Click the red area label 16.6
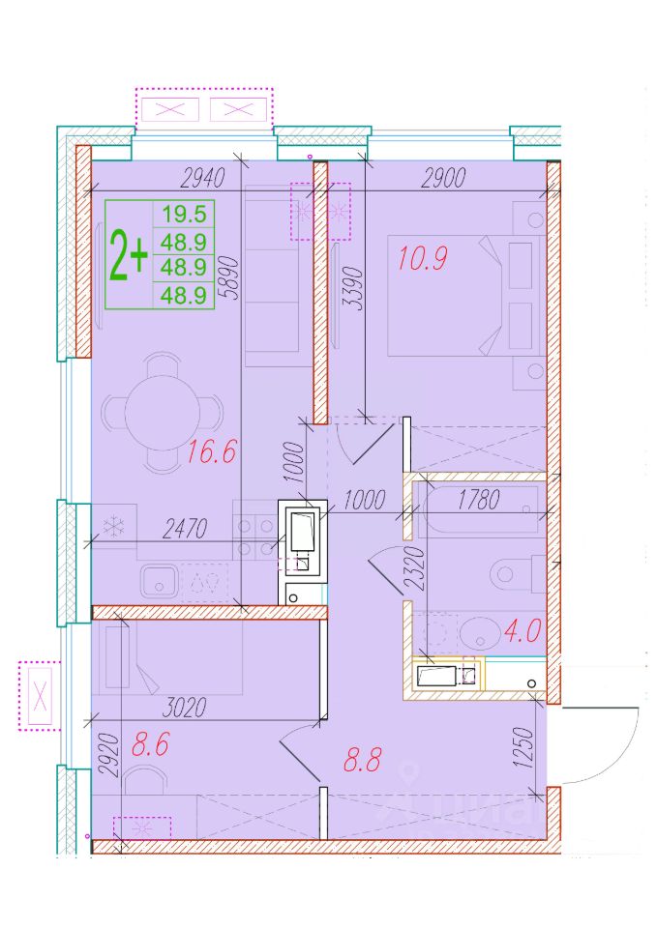tap(212, 452)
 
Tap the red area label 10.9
tap(423, 259)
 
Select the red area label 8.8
tap(363, 760)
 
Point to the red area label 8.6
tap(151, 744)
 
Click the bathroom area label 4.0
tap(522, 631)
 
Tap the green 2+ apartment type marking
tap(128, 255)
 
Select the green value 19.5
tap(184, 214)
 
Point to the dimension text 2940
tap(203, 178)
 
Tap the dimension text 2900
tap(443, 178)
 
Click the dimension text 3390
tap(352, 289)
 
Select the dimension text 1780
tap(479, 500)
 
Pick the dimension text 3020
tap(184, 707)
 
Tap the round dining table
tap(163, 412)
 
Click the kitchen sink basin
tap(160, 581)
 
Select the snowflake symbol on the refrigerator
tap(112, 526)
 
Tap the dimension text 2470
tap(184, 529)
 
